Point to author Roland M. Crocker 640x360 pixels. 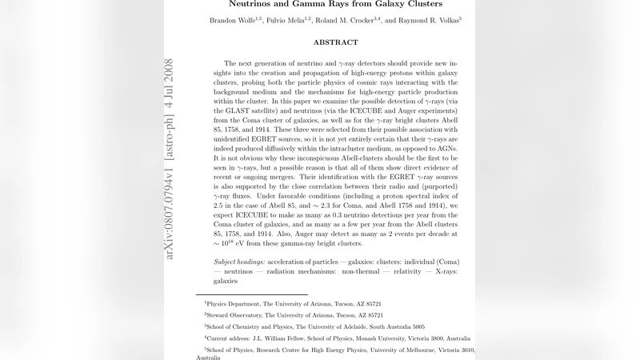click(x=357, y=19)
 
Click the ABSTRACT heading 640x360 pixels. click(x=335, y=42)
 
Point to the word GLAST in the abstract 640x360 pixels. click(x=240, y=114)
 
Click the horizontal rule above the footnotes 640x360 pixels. click(x=251, y=294)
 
